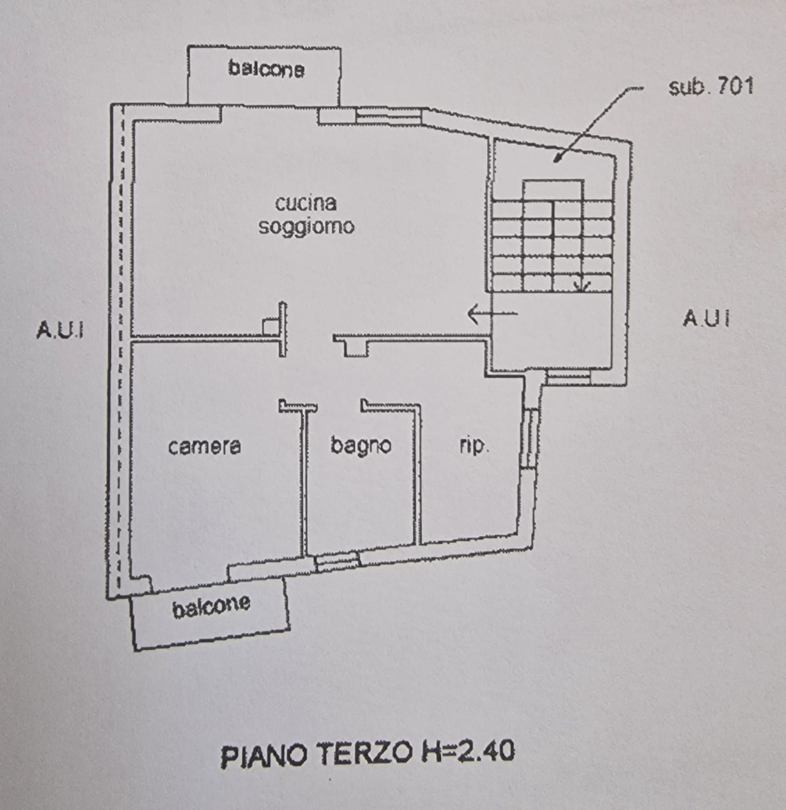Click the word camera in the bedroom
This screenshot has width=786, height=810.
pos(204,447)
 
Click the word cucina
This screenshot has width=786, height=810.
pos(306,204)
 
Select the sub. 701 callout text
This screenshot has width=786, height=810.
pos(711,87)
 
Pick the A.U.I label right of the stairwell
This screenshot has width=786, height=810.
pos(706,318)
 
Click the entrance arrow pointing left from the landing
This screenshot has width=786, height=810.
pos(492,314)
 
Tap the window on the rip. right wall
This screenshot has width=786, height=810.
pos(530,439)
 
